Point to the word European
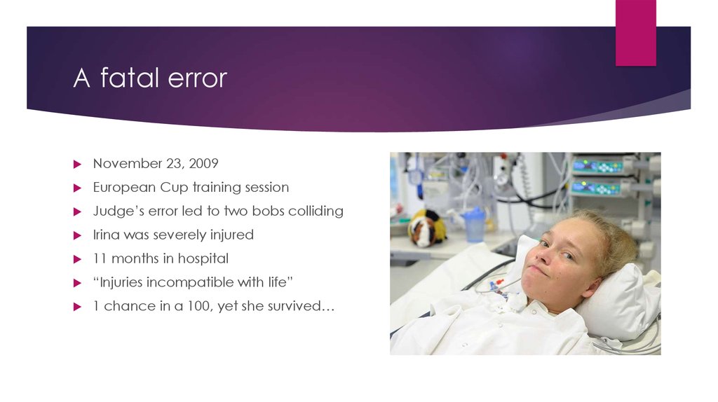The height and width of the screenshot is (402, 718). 123,187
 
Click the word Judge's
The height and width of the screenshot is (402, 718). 116,211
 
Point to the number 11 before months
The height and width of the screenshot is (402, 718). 99,258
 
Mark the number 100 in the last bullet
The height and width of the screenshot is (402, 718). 203,306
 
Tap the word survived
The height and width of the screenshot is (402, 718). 297,306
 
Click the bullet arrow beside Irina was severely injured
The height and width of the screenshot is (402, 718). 79,235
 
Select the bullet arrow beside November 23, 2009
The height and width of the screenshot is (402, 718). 79,164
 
